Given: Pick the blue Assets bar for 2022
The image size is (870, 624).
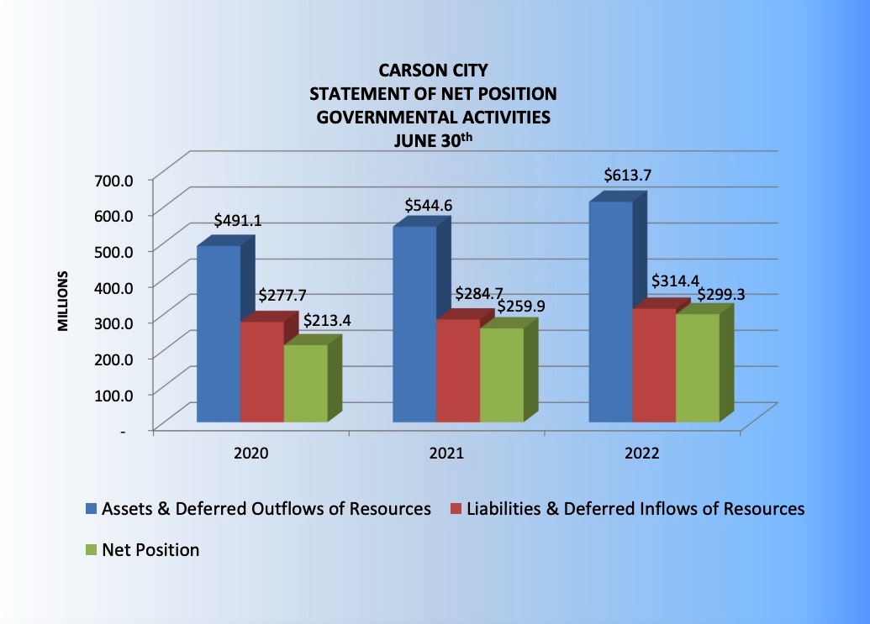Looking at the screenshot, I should (x=610, y=312).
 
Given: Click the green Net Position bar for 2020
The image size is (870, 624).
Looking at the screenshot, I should (x=305, y=383).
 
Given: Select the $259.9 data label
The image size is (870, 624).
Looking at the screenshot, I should (x=521, y=307).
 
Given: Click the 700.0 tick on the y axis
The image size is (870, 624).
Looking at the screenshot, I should (x=115, y=179).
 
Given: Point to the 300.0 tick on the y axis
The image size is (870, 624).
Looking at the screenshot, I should (x=115, y=322).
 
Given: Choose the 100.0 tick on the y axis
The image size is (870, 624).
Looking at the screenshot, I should (x=115, y=394).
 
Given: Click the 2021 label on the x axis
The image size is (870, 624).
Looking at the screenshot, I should (x=447, y=454).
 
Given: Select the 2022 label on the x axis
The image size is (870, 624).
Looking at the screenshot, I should (x=642, y=454).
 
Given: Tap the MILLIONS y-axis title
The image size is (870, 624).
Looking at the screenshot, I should (x=63, y=301).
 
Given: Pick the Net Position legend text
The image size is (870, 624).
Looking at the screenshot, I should (x=150, y=551).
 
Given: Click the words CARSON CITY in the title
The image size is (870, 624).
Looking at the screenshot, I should (x=435, y=73).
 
